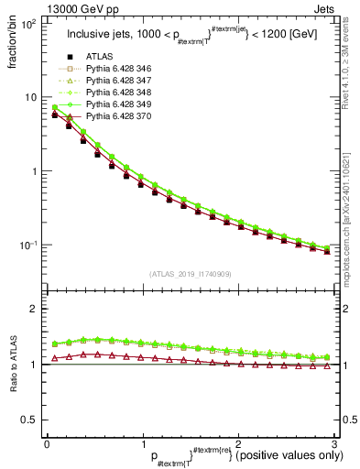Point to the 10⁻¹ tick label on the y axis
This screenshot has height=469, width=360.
click(x=27, y=245)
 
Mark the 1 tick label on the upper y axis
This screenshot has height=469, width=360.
click(x=34, y=171)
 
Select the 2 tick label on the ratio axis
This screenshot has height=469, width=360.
click(x=33, y=309)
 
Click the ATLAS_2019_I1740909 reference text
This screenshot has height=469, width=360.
click(x=190, y=274)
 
